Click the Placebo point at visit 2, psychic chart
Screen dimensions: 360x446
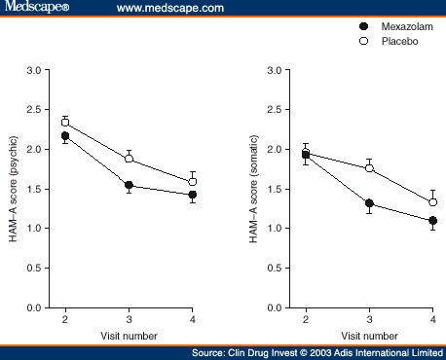pyautogui.click(x=65, y=123)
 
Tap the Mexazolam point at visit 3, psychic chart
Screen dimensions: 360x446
pyautogui.click(x=129, y=185)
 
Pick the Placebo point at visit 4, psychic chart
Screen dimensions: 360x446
pyautogui.click(x=192, y=182)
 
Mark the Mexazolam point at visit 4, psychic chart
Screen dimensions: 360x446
pyautogui.click(x=192, y=195)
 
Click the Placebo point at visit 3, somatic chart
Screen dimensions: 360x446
pyautogui.click(x=369, y=168)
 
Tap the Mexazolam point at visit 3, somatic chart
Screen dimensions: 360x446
pyautogui.click(x=369, y=203)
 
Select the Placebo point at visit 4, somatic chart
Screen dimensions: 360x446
pyautogui.click(x=432, y=202)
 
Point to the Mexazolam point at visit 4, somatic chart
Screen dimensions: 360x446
pyautogui.click(x=432, y=221)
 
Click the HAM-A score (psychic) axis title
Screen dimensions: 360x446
pyautogui.click(x=17, y=189)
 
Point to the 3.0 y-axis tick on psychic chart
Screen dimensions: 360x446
pyautogui.click(x=35, y=71)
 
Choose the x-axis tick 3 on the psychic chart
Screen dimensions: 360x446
pyautogui.click(x=129, y=319)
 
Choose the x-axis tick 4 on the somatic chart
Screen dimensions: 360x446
pyautogui.click(x=432, y=319)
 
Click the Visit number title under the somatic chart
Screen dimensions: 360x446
pyautogui.click(x=369, y=335)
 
